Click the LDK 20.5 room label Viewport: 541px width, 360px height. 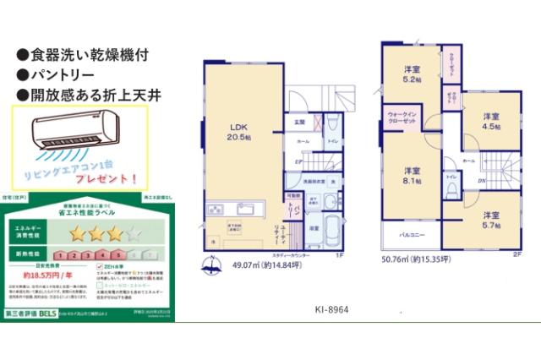(x=238, y=132)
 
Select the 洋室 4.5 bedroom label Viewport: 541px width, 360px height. (x=491, y=121)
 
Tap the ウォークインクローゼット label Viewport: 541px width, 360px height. (x=402, y=117)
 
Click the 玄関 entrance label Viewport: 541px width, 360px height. (x=299, y=123)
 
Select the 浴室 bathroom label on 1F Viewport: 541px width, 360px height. (x=312, y=228)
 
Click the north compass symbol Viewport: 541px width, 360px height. (x=209, y=270)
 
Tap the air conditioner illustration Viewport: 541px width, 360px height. (x=73, y=134)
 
